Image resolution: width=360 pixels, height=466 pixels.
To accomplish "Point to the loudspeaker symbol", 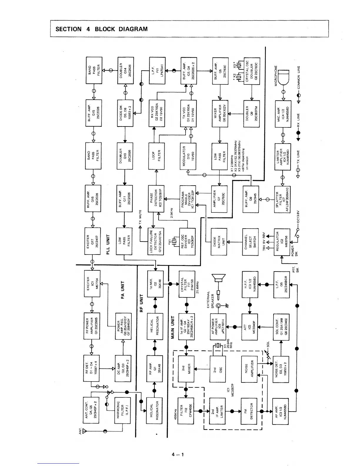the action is coord(218,279).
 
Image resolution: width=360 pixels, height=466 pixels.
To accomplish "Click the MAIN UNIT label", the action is coord(173,327).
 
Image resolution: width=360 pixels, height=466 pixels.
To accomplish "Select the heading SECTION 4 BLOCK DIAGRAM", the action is coord(101,29).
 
